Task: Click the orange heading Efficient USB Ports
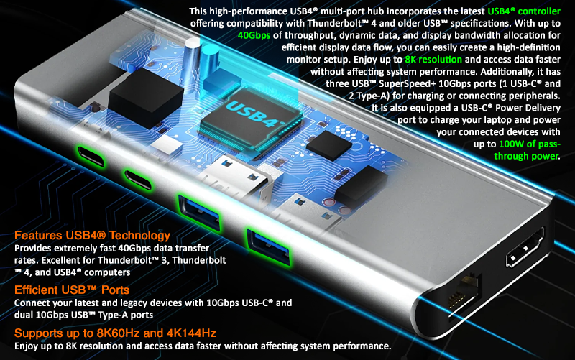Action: pyautogui.click(x=72, y=290)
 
